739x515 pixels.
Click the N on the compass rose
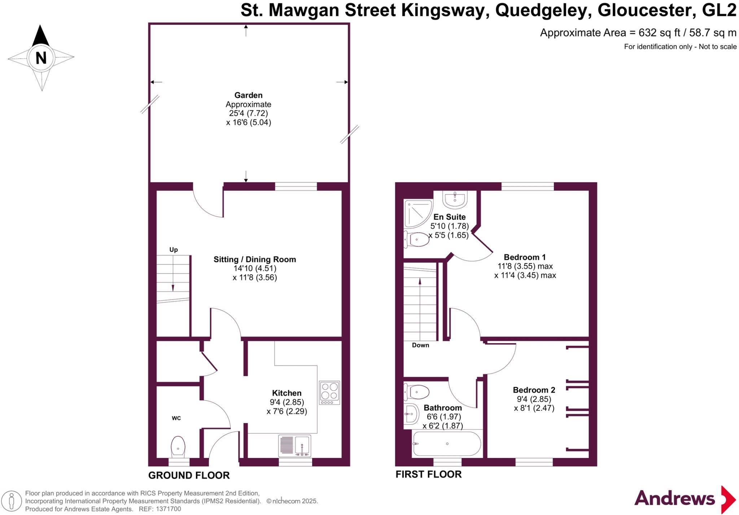[41, 58]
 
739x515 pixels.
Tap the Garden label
[248, 95]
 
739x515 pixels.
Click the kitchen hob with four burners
[329, 392]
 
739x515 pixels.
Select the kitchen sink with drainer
[295, 445]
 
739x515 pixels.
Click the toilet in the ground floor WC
[178, 446]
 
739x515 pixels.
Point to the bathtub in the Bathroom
[447, 444]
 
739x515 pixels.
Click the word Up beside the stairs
[174, 250]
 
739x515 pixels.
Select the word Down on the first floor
[420, 345]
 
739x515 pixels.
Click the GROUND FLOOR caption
[189, 475]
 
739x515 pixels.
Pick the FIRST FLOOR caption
[428, 474]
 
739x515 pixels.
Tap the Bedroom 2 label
[534, 390]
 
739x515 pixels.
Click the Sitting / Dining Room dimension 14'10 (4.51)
[255, 269]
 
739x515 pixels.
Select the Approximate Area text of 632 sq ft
[638, 33]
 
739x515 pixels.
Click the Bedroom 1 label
[524, 257]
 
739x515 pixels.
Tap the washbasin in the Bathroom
[411, 414]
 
